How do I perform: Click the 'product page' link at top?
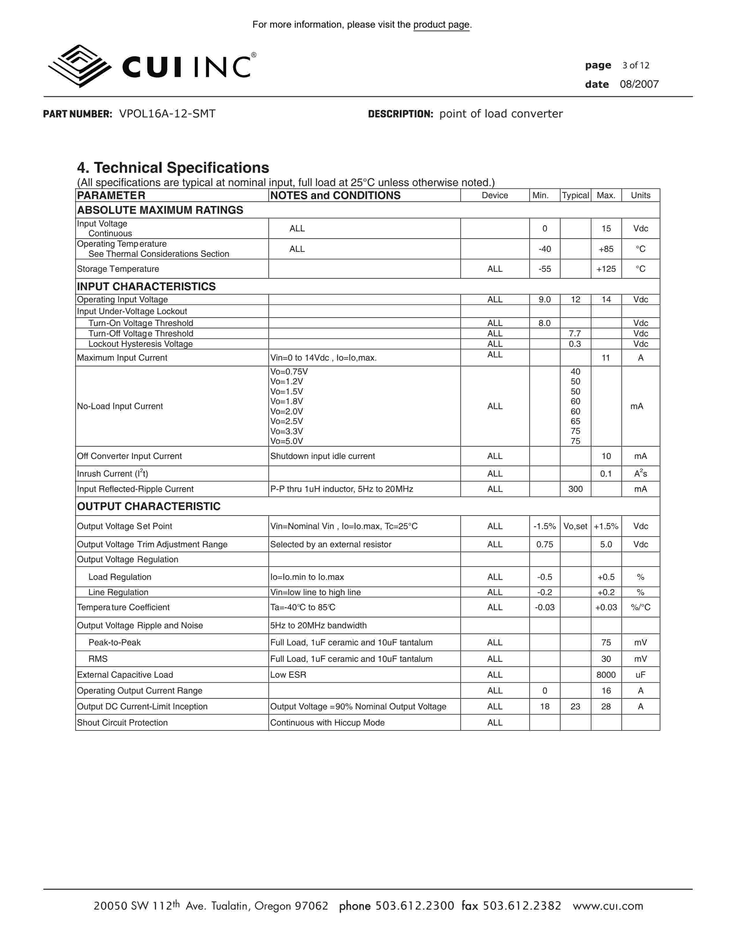(x=441, y=25)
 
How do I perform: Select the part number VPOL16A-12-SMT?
(x=167, y=114)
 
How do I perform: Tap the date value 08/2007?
(x=639, y=84)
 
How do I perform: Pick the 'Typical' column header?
(x=575, y=195)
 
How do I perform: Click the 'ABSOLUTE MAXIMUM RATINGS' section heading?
(x=160, y=210)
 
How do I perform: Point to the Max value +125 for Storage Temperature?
(x=606, y=269)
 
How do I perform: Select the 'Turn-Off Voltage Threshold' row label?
(x=140, y=333)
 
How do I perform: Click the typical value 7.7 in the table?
(x=575, y=333)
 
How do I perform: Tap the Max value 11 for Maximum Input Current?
(x=606, y=358)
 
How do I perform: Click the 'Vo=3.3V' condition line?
(x=287, y=431)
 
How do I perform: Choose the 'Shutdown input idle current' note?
(x=322, y=456)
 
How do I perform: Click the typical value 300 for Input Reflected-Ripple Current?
(x=575, y=489)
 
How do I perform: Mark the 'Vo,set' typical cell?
(x=575, y=526)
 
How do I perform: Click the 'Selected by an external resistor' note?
(x=330, y=544)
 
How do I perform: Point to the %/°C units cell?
(x=640, y=607)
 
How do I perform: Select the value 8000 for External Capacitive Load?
(x=606, y=675)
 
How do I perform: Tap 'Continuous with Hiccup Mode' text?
(x=327, y=723)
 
